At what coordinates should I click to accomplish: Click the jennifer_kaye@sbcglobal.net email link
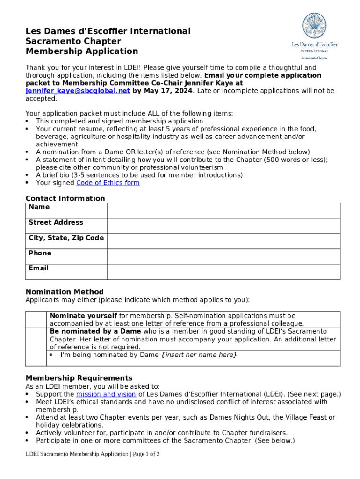(x=78, y=91)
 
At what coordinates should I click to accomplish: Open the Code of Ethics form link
(x=108, y=183)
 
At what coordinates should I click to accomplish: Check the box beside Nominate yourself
(x=36, y=319)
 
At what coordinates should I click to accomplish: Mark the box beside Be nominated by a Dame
(x=36, y=346)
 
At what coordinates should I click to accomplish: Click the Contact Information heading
(x=65, y=198)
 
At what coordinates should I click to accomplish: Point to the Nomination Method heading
(x=65, y=292)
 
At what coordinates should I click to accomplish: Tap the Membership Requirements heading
(x=79, y=378)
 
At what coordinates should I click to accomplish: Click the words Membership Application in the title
(x=82, y=51)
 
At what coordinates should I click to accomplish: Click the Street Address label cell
(x=56, y=222)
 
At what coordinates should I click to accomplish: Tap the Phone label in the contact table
(x=40, y=253)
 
